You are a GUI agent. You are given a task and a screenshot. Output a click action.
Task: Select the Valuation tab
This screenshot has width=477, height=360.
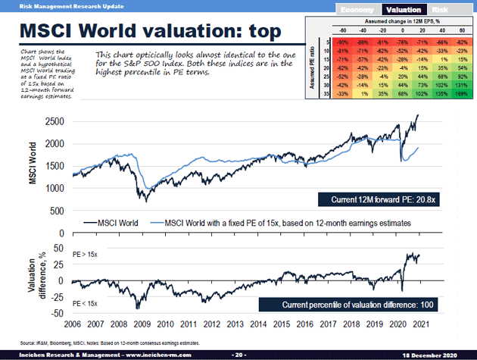(x=403, y=10)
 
